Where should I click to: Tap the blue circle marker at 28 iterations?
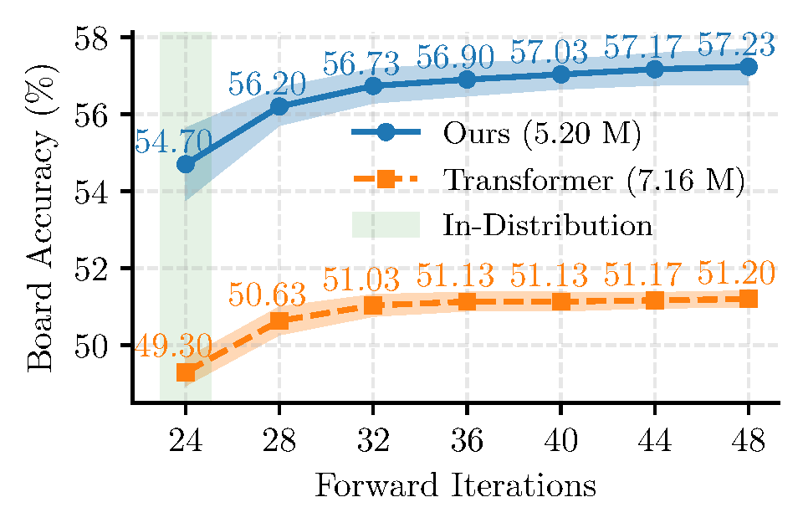tap(279, 106)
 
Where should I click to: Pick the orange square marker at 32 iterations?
tap(373, 305)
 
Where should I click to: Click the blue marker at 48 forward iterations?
tap(749, 67)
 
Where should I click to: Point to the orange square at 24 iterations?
tap(186, 372)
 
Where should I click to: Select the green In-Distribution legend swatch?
tap(385, 225)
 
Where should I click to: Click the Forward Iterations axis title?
tap(455, 486)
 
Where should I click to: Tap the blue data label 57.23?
tap(735, 44)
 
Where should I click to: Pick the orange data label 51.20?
tap(735, 274)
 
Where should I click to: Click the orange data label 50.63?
tap(268, 295)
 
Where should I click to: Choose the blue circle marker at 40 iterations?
tap(561, 74)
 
